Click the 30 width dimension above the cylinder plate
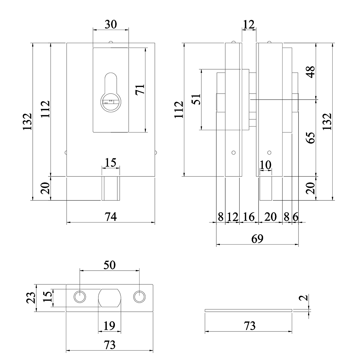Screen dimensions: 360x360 (111, 24)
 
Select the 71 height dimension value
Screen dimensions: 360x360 (140, 89)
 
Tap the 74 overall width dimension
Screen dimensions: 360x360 (111, 216)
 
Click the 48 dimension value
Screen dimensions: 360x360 (311, 72)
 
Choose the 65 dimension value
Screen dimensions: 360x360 (311, 138)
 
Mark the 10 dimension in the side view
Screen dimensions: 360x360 (265, 165)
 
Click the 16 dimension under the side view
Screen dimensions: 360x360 (249, 217)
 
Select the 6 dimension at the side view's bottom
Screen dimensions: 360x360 (295, 217)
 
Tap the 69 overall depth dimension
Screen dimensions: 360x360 (257, 239)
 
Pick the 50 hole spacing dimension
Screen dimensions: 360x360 (109, 265)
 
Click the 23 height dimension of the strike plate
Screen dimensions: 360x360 (31, 298)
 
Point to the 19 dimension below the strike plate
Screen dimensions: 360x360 (109, 326)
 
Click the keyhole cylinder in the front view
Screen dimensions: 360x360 (111, 102)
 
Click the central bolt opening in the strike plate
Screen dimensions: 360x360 (110, 298)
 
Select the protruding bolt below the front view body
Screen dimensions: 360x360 (111, 188)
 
